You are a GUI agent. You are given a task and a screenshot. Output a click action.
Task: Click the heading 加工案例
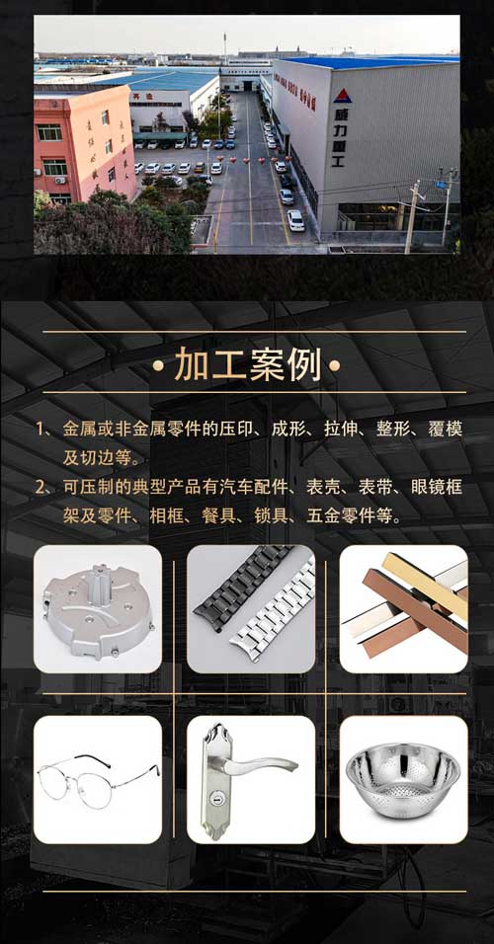coord(248,365)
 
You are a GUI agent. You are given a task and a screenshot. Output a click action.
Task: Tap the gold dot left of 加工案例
coord(158,366)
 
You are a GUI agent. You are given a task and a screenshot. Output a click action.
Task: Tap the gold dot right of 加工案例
coord(336,366)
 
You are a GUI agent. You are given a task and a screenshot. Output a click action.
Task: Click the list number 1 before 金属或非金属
coord(41,430)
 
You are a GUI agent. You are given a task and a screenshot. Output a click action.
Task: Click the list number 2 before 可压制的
coord(41,487)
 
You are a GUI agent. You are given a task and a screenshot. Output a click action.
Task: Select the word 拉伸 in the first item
coord(351,430)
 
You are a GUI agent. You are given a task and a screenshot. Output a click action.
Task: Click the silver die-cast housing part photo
coord(96,609)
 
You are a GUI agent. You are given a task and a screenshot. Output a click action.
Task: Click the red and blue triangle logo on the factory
coord(342,96)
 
